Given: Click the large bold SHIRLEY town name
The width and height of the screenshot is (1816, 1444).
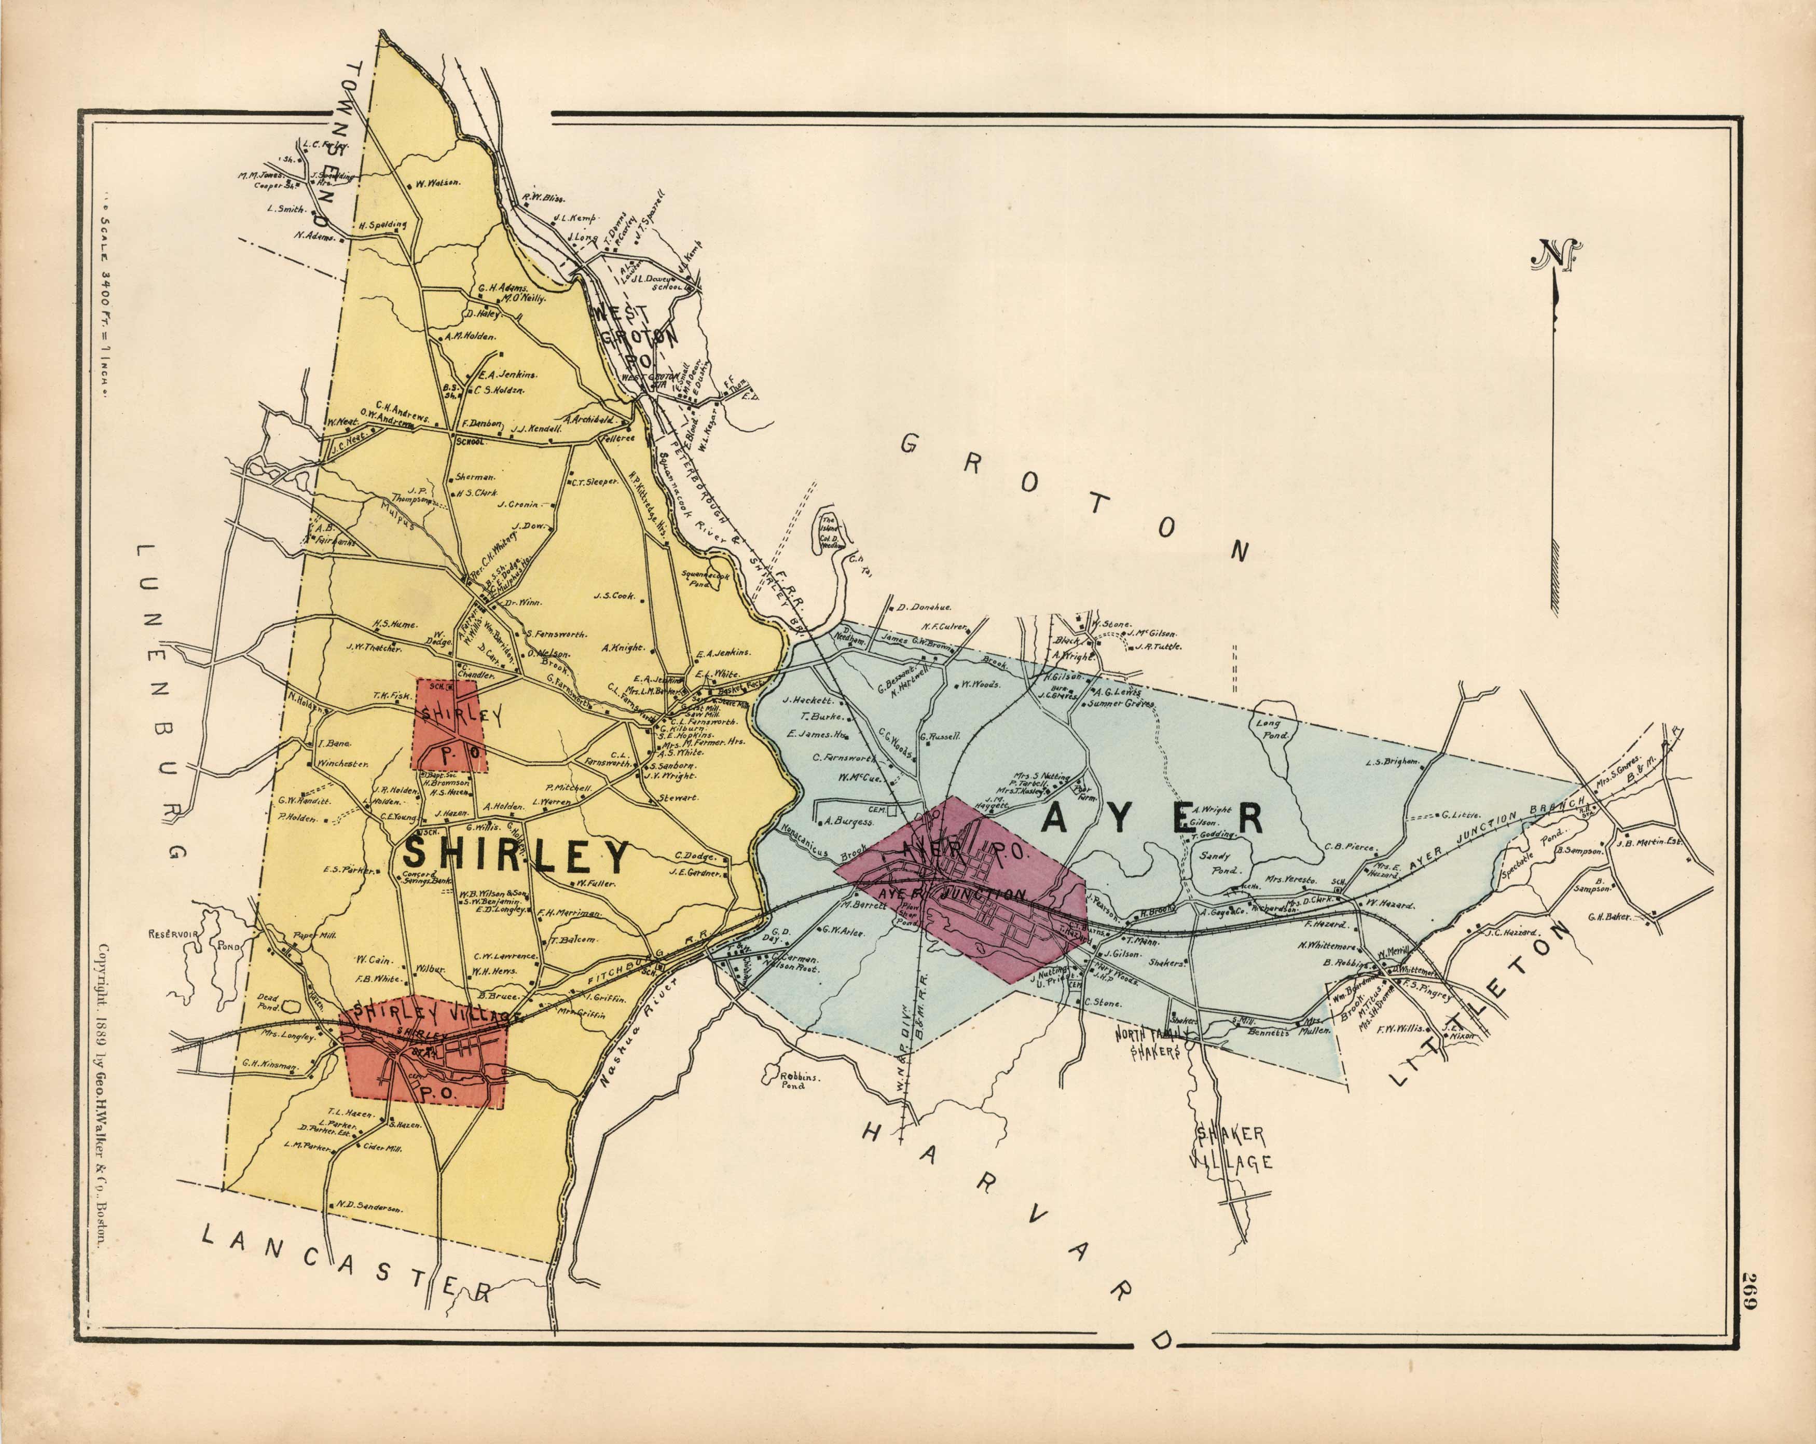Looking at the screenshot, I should [x=516, y=856].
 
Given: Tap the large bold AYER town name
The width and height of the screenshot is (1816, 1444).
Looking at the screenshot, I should [x=1154, y=818].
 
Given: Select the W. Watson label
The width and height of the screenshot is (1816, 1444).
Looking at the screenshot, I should [x=438, y=183].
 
